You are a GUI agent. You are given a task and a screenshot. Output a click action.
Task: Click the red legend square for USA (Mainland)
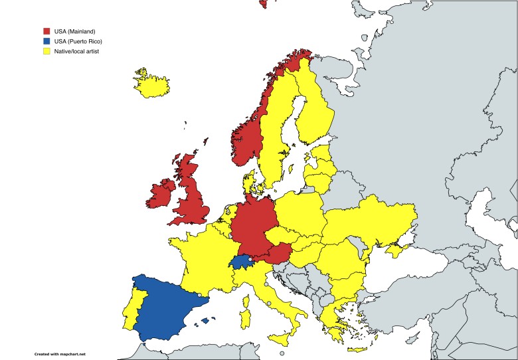[x=46, y=31]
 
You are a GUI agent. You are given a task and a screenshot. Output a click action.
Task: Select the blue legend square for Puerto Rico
[x=46, y=41]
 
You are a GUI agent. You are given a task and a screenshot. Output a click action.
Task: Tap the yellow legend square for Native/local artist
[x=46, y=51]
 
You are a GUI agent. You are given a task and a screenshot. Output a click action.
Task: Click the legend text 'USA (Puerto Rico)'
[x=78, y=41]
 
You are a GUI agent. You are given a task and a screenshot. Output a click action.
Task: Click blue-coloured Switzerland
[x=242, y=261]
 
